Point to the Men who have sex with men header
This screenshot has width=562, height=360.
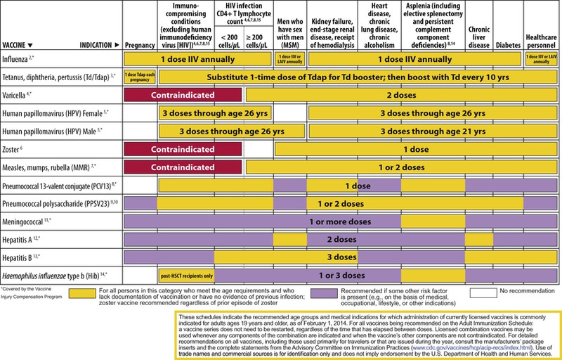[289, 33]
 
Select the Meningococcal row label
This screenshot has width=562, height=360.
[28, 221]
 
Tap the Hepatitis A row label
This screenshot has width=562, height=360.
[23, 239]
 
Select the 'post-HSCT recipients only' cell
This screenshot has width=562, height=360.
[187, 275]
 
